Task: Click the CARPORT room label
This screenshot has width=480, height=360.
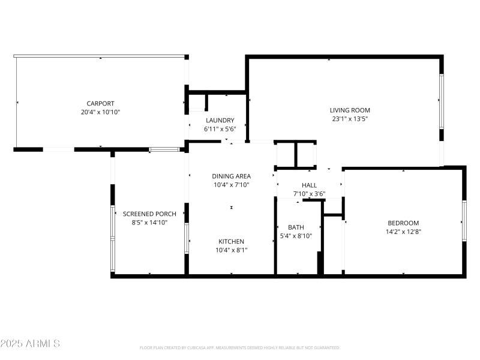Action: click(100, 103)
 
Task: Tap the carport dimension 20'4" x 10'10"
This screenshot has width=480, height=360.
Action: click(100, 112)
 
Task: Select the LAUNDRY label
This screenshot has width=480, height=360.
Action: click(220, 120)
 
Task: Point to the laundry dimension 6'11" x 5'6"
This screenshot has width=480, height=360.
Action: click(220, 128)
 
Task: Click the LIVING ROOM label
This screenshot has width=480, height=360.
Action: click(350, 110)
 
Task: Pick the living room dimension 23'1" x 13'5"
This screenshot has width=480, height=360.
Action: click(350, 119)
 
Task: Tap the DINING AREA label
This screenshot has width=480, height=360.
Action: click(231, 176)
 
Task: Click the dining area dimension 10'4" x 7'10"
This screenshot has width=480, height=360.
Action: click(231, 185)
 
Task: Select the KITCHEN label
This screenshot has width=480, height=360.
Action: click(231, 241)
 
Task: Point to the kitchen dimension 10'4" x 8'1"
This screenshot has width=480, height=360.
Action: click(231, 250)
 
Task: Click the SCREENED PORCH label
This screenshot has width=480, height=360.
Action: click(149, 214)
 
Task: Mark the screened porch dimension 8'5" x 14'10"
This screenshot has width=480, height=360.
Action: click(149, 222)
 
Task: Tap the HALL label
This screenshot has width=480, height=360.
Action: click(309, 185)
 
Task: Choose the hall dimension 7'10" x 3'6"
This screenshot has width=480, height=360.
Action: click(309, 194)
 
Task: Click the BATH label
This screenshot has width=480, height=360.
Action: click(296, 227)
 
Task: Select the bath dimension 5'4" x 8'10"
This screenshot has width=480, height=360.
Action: click(296, 235)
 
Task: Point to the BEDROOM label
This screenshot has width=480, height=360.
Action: click(403, 223)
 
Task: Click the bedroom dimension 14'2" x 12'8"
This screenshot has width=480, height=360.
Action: click(403, 231)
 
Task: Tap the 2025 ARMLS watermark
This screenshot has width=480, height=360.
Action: click(30, 344)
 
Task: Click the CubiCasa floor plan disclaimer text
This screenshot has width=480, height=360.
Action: click(240, 347)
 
